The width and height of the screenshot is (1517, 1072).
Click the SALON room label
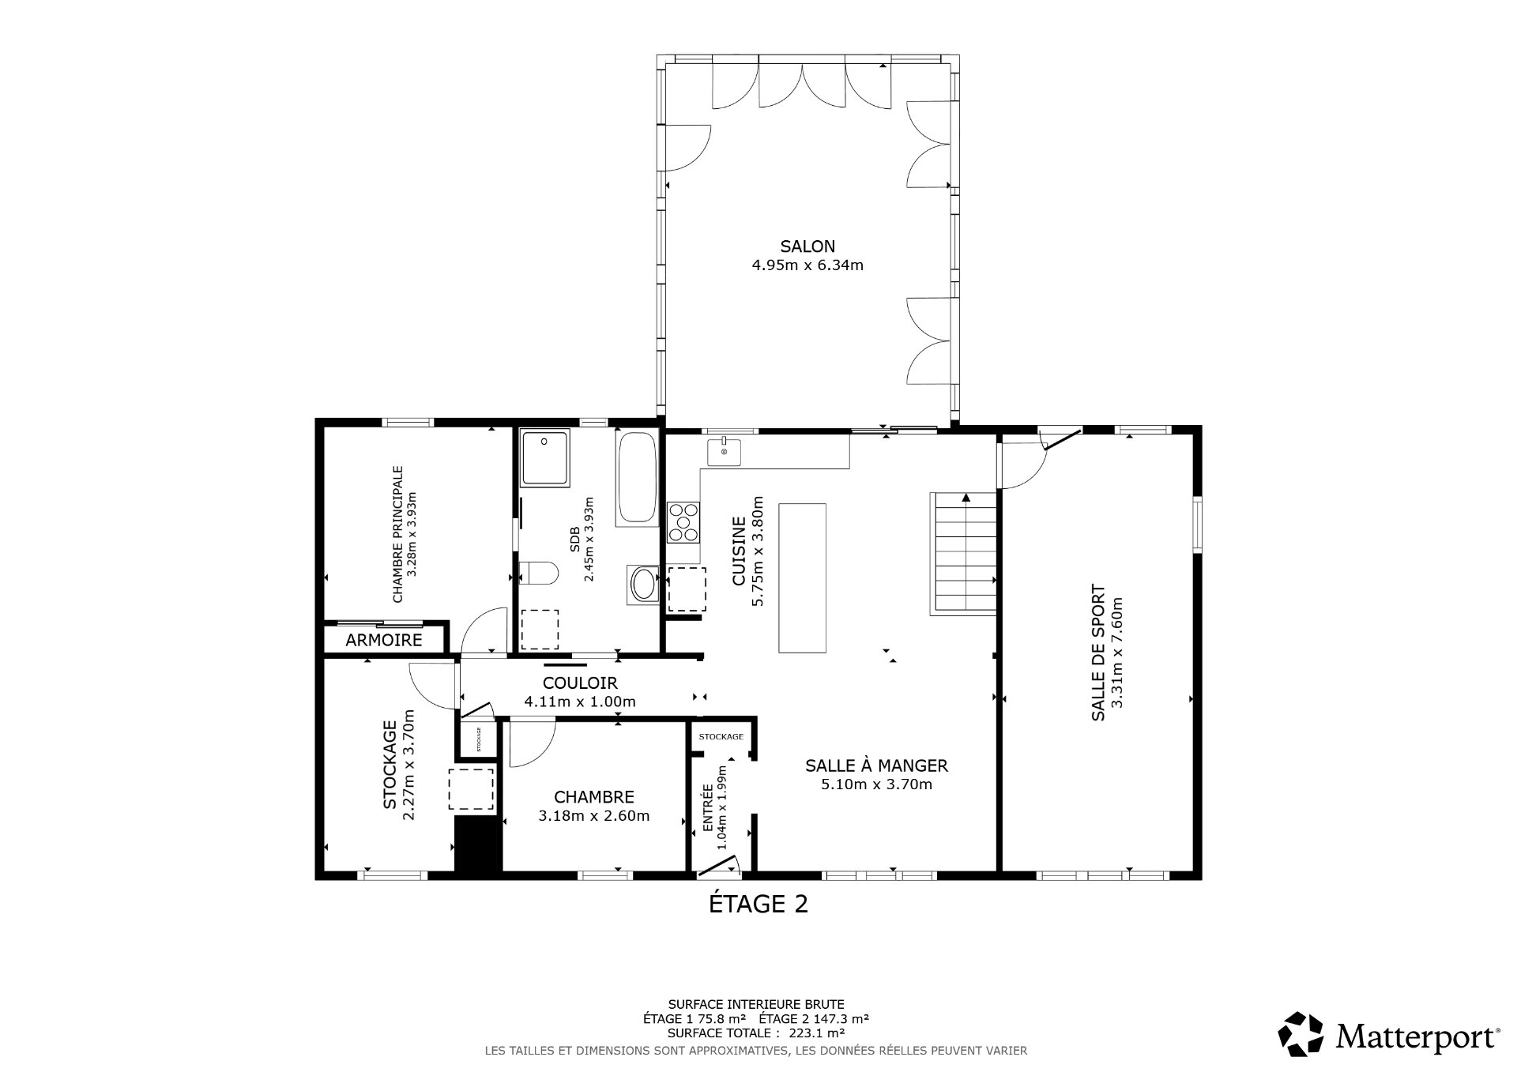(807, 246)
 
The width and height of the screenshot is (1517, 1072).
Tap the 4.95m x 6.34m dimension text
(807, 265)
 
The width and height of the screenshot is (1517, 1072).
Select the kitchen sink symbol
(724, 452)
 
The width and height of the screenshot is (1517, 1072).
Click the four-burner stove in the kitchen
(683, 522)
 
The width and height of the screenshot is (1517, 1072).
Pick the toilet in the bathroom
(539, 572)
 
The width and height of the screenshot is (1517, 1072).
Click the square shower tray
(544, 458)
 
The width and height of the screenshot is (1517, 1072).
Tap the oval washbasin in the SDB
(643, 585)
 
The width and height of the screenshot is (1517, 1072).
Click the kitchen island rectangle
(802, 577)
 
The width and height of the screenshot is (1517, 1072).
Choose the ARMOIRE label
(384, 640)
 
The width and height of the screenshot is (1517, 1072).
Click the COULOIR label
(580, 683)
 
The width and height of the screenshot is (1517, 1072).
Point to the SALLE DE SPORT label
(1097, 653)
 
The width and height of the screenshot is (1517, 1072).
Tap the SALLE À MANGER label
(876, 765)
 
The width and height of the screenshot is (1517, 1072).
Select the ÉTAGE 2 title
(758, 904)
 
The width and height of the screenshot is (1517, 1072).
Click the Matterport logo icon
(1301, 1034)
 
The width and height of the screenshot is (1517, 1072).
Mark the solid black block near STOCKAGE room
(479, 844)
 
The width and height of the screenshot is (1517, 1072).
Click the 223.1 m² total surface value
(824, 1033)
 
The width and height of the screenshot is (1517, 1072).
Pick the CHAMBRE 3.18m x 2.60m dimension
(593, 816)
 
